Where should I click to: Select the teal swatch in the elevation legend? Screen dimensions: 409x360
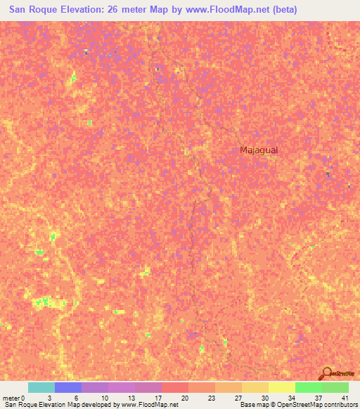(41, 387)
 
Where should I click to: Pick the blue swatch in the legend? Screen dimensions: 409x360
(68, 387)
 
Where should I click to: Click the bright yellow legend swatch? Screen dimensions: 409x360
(282, 387)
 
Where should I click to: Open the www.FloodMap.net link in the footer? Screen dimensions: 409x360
(148, 405)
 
